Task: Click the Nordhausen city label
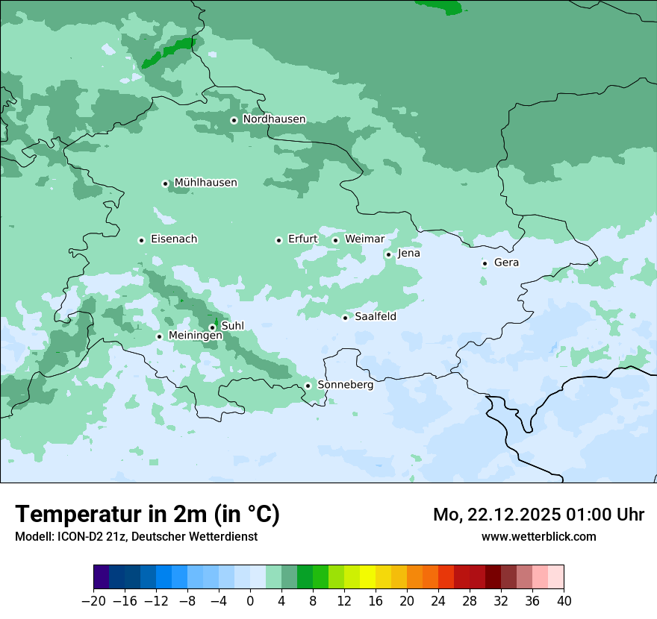[x=274, y=119]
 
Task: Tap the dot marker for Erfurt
[x=278, y=240]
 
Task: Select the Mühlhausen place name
[x=205, y=183]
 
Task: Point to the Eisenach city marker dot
[x=141, y=240]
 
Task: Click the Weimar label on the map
[x=364, y=239]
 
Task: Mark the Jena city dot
[x=388, y=254]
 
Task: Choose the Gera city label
[x=506, y=263]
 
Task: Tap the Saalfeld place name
[x=375, y=317]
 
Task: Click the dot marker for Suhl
[x=212, y=327]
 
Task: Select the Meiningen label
[x=195, y=336]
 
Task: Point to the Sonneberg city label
[x=345, y=386]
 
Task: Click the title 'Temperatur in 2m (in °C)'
[x=147, y=515]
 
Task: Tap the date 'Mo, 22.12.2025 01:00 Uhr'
[x=538, y=515]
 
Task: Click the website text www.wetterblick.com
[x=538, y=536]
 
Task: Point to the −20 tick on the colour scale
[x=94, y=601]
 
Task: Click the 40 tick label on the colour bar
[x=564, y=601]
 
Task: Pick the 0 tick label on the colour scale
[x=250, y=601]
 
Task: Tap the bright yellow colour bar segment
[x=367, y=577]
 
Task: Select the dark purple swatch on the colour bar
[x=102, y=577]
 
